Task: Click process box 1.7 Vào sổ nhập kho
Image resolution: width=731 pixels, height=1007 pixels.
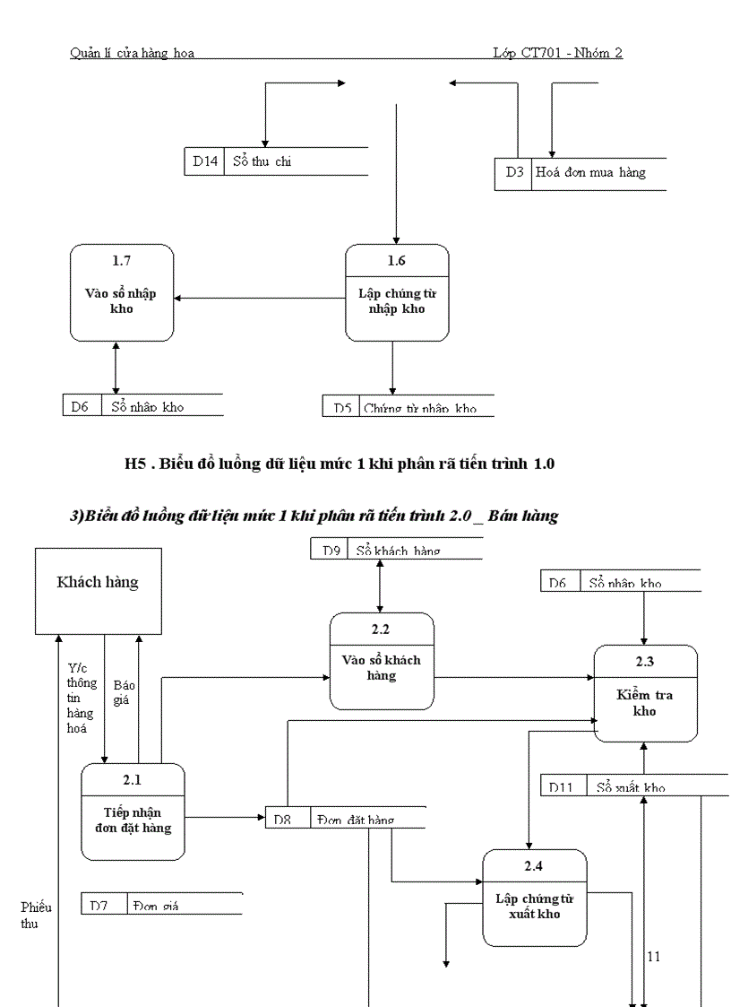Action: [122, 293]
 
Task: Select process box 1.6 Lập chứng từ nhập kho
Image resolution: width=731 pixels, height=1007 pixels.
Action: [397, 293]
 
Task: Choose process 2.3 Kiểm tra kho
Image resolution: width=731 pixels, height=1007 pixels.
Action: [645, 693]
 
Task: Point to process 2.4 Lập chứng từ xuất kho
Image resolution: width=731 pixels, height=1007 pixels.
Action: [534, 898]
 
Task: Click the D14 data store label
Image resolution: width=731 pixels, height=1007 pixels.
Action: [204, 161]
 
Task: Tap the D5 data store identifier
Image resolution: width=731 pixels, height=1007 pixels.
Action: [342, 408]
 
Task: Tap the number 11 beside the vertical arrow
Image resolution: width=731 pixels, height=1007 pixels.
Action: [654, 957]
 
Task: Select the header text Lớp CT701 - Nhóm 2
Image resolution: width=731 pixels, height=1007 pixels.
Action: [557, 53]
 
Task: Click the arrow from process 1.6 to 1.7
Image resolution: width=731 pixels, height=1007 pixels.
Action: [260, 298]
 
